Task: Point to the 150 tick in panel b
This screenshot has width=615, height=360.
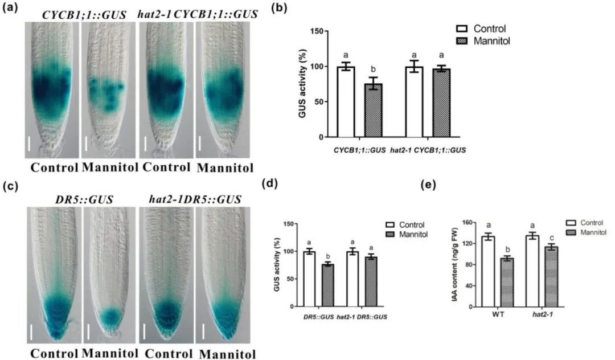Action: (324, 31)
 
